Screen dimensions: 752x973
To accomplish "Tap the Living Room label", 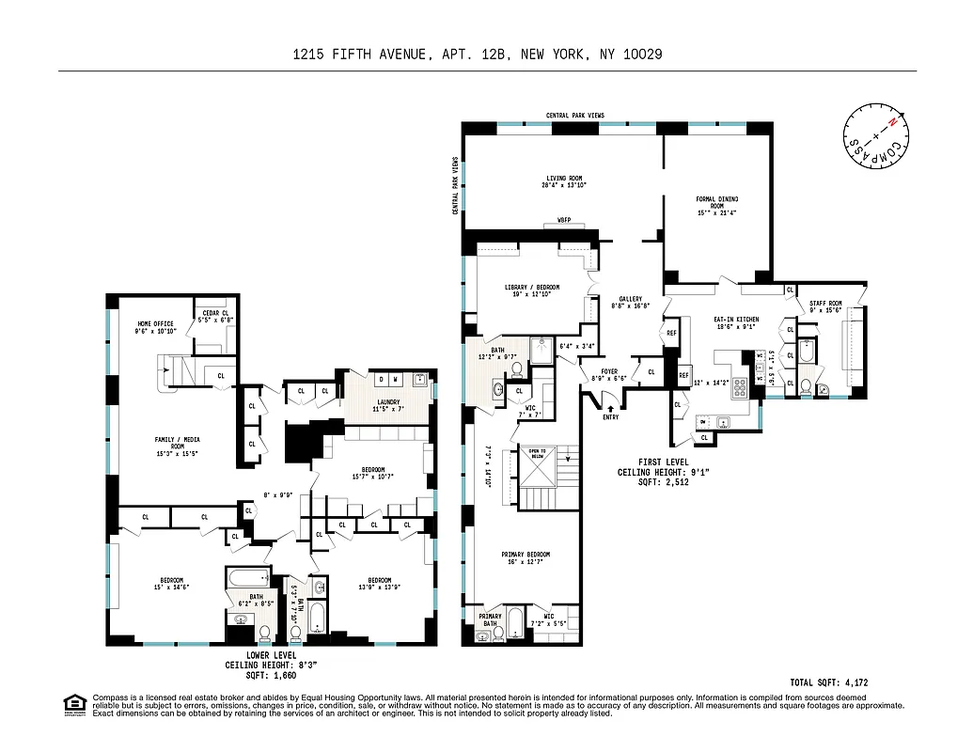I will tap(562, 181).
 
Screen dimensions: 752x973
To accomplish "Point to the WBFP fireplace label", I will tap(563, 221).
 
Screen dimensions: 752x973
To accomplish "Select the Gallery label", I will tap(630, 302).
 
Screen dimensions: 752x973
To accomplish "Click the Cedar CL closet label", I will tap(213, 317).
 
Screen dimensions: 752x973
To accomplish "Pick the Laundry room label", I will tap(388, 405).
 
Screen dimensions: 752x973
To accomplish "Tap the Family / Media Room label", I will tap(176, 445).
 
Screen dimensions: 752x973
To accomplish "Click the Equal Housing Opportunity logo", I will tap(72, 704).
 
